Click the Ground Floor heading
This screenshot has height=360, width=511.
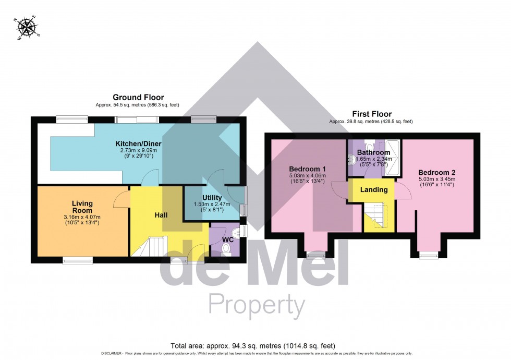click(x=138, y=98)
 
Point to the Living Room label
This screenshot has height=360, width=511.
click(x=82, y=207)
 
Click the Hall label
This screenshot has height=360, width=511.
click(x=161, y=215)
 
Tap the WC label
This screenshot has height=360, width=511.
click(x=228, y=240)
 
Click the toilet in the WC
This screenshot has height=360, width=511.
click(x=226, y=249)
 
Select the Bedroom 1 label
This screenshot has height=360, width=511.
click(x=308, y=169)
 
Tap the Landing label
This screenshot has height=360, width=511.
click(x=374, y=189)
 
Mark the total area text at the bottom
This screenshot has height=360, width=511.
click(x=256, y=346)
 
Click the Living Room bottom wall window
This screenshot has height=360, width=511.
click(x=78, y=258)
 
